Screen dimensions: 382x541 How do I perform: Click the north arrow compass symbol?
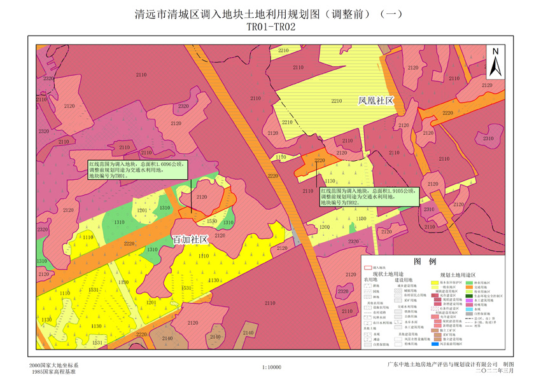point(496,62)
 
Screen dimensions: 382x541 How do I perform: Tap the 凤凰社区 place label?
point(376,101)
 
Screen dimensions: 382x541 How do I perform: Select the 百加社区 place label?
point(192,240)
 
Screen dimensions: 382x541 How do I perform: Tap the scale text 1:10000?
point(271,367)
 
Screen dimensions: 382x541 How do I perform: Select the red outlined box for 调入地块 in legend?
point(368,268)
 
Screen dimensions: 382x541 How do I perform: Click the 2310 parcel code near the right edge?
point(488,138)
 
